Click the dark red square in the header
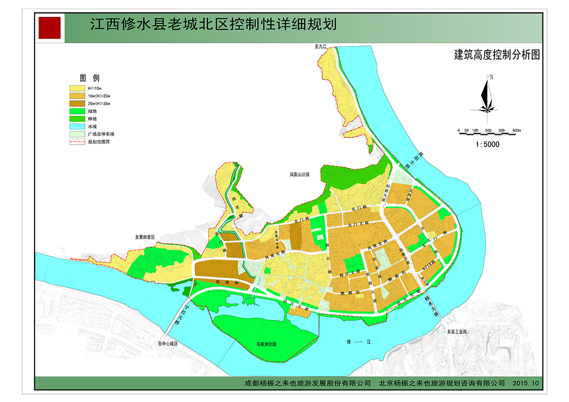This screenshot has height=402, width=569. coord(50,28)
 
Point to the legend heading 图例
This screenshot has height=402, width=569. coord(89,78)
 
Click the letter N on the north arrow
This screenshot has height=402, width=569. coord(491,77)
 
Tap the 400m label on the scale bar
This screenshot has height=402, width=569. coord(516,130)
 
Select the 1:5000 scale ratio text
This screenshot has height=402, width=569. coord(487,145)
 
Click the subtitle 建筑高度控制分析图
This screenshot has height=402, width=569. coord(497,55)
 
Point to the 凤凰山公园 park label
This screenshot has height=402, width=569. coord(299,175)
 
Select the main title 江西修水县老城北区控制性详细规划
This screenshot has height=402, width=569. coord(213,25)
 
